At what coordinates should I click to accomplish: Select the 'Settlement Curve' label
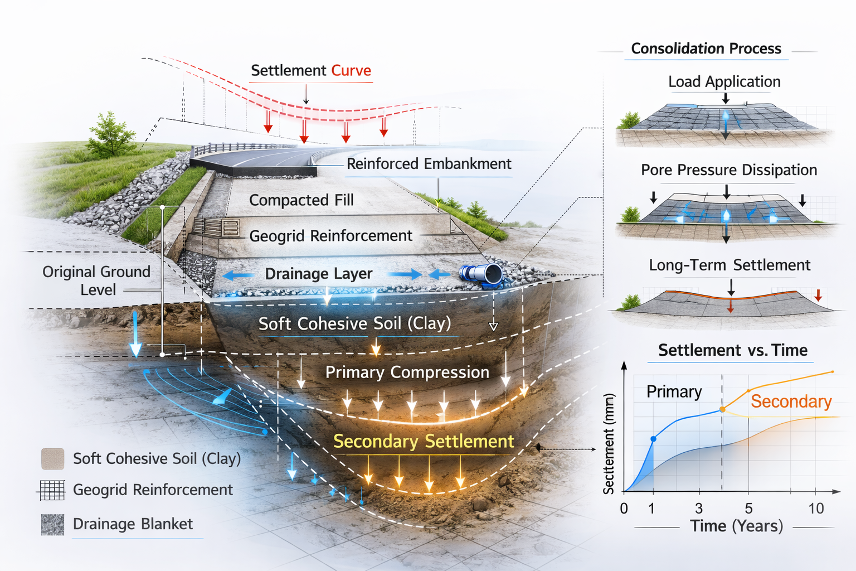coord(310,71)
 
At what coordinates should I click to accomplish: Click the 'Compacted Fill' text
coord(301,200)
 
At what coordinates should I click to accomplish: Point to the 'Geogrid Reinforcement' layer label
coord(330,236)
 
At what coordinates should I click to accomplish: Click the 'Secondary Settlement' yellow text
coord(423,442)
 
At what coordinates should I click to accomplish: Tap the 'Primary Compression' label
coord(407,372)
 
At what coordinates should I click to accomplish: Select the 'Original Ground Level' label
coord(96,280)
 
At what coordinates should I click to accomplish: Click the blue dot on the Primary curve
coord(654,439)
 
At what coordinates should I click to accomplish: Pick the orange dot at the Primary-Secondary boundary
coord(722,409)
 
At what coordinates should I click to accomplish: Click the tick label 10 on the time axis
coord(816,509)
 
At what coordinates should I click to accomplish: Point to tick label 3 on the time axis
coord(699,509)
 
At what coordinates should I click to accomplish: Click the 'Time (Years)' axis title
coord(736,526)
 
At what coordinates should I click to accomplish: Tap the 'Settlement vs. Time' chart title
coord(732,350)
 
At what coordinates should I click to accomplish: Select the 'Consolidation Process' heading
coord(706,49)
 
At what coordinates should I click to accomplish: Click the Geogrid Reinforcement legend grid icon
coord(52,490)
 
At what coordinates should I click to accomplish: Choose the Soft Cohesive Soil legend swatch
coord(53,459)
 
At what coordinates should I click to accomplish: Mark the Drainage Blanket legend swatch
coord(53,525)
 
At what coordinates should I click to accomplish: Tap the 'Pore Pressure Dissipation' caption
coord(728,170)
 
